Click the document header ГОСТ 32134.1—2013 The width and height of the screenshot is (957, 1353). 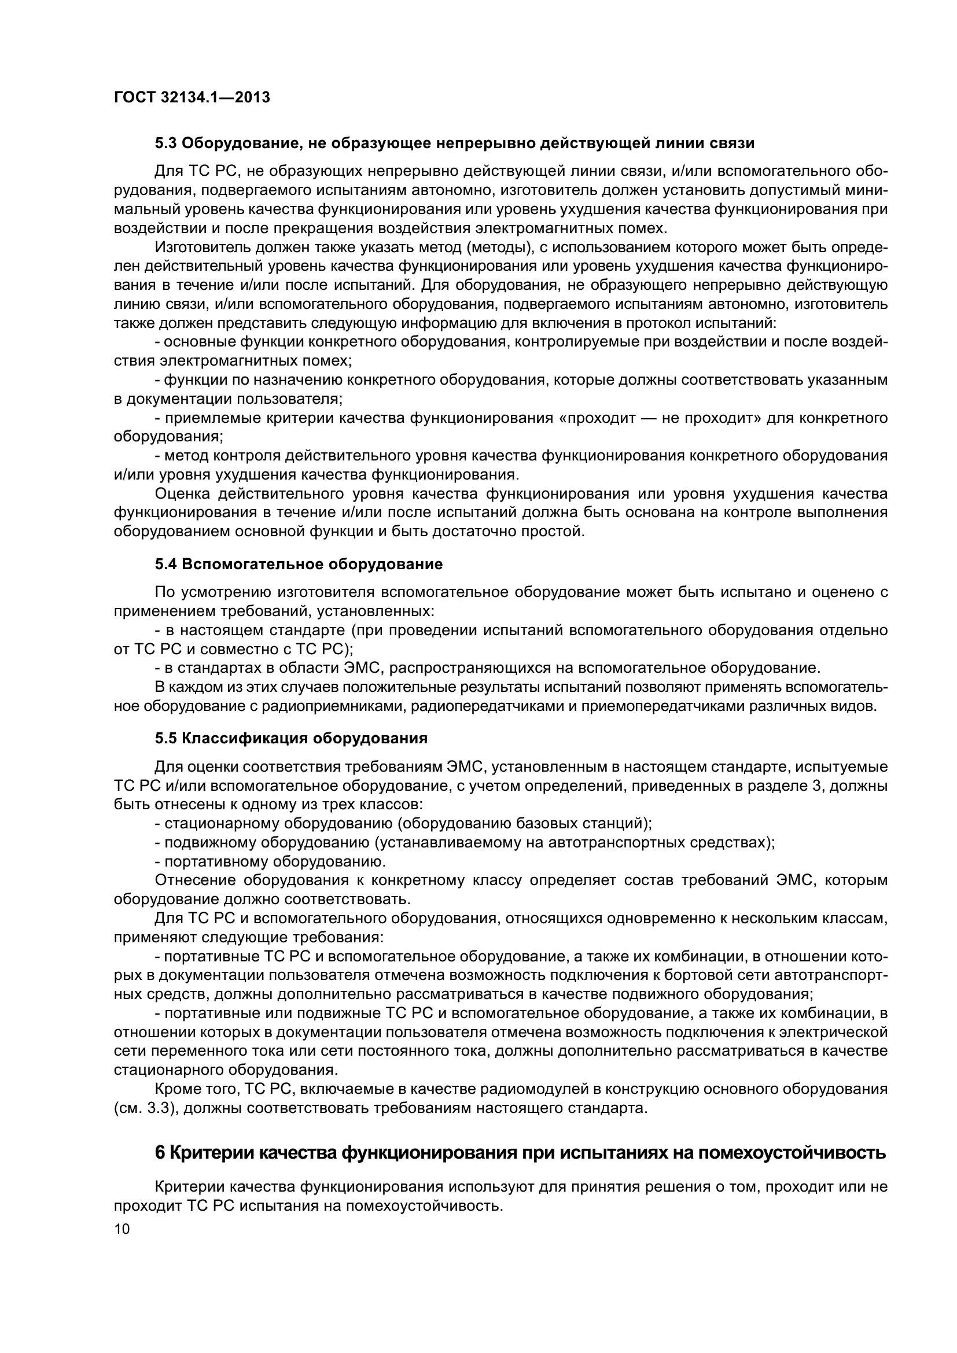pyautogui.click(x=192, y=97)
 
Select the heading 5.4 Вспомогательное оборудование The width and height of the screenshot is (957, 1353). pyautogui.click(x=299, y=564)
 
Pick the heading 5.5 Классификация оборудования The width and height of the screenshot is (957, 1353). pyautogui.click(x=291, y=738)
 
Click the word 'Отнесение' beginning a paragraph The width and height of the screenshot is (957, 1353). pyautogui.click(x=194, y=880)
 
